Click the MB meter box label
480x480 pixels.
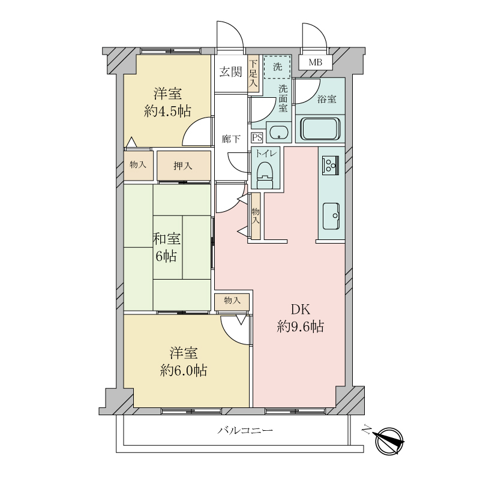tap(316, 62)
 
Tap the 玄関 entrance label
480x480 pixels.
tap(230, 72)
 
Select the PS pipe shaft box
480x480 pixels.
tap(257, 137)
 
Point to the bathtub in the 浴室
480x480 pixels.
tap(320, 128)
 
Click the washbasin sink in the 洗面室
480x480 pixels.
tap(279, 133)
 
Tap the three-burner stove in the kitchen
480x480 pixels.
tap(331, 166)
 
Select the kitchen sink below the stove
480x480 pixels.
tap(331, 217)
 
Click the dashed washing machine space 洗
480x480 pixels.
tap(277, 67)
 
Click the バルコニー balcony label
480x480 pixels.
tap(245, 431)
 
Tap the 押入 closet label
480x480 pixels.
tap(183, 166)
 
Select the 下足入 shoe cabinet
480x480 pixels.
tap(253, 73)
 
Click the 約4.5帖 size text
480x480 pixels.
tap(167, 111)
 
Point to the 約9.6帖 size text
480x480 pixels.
tap(301, 327)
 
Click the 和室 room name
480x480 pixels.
tap(167, 239)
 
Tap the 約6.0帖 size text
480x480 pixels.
tap(184, 371)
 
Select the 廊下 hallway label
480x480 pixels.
tap(231, 139)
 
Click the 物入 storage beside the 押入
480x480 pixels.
tap(138, 164)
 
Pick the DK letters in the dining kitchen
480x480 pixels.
tap(301, 310)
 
